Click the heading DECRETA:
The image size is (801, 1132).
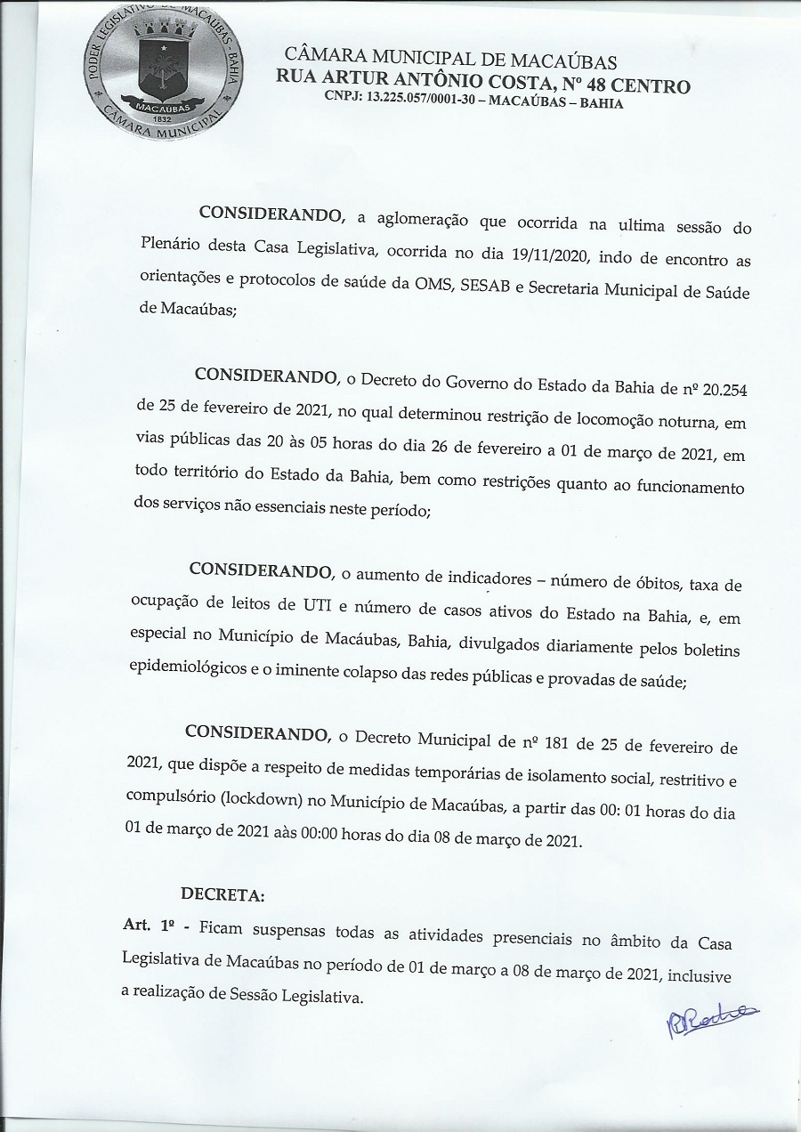[x=222, y=893]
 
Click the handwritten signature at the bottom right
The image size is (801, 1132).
[x=708, y=1022]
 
